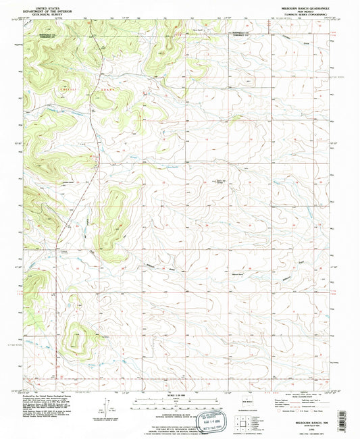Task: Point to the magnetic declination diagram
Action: click(107, 409)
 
